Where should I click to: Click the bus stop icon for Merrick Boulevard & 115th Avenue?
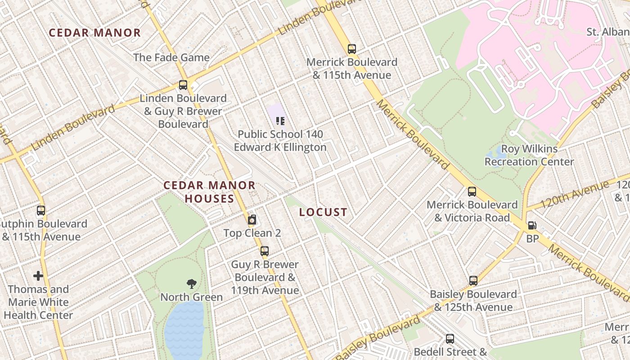pos(351,49)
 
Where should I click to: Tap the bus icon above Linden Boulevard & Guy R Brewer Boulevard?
pos(183,85)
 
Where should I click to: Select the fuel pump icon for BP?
pos(532,225)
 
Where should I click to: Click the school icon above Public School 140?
pos(280,121)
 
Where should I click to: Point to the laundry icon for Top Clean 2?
pos(252,220)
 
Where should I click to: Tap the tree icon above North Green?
pos(192,284)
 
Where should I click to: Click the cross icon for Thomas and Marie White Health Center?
pos(38,276)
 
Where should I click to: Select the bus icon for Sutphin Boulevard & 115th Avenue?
pos(41,211)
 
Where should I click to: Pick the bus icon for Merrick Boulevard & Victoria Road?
pos(472,192)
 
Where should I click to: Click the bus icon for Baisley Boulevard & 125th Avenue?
pos(473,281)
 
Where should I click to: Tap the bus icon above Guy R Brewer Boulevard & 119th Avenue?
pos(265,251)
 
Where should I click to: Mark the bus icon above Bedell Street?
pos(450,339)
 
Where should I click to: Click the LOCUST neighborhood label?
pos(323,212)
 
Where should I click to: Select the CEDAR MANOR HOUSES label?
pos(209,192)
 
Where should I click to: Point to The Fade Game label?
pos(171,58)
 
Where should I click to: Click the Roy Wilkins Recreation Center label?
pos(529,155)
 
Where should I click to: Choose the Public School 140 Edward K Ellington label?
pos(280,141)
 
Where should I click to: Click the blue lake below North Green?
pos(184,331)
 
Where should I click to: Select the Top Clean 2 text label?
pos(252,233)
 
